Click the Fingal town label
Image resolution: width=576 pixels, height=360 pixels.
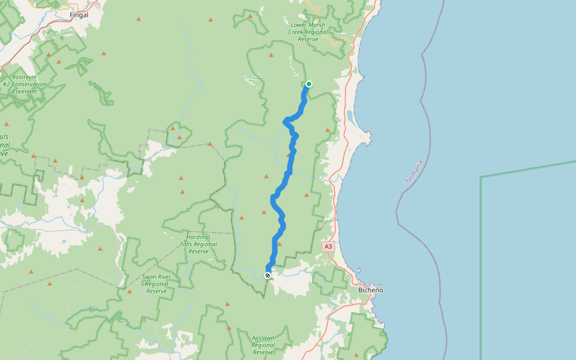pos(79,14)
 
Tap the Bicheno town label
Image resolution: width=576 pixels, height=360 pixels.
pos(370,290)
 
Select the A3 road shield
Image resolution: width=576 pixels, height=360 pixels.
pos(328,247)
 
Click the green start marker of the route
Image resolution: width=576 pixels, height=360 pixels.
pos(309,84)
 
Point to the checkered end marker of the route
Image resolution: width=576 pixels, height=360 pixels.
pos(268,275)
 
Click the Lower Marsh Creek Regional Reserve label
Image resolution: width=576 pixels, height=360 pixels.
pos(308,32)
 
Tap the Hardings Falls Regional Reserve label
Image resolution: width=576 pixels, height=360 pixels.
pos(198,244)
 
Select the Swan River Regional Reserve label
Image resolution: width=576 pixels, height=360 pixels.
pos(156,284)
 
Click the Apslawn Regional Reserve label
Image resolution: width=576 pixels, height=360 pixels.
pos(263,345)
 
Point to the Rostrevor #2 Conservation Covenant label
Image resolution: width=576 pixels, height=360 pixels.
pos(24,84)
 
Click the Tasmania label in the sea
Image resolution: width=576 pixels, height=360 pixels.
pos(414,172)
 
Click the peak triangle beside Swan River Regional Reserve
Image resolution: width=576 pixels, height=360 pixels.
pos(130,292)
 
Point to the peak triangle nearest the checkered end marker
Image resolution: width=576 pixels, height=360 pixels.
pos(280,244)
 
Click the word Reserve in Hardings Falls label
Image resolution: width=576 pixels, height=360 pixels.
pos(198,251)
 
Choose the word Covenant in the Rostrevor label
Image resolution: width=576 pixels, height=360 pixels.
pos(24,91)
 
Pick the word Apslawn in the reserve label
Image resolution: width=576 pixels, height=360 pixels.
pos(263,338)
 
